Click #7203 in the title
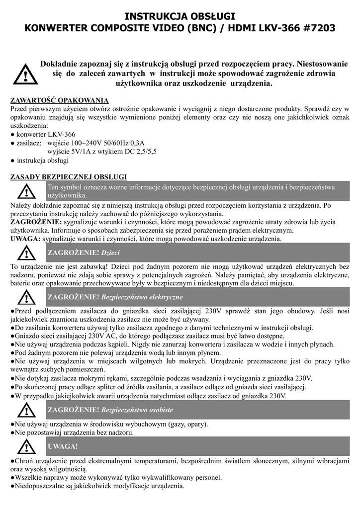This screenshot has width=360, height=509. point(318,29)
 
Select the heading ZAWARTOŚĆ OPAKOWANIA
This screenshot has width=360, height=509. point(60,100)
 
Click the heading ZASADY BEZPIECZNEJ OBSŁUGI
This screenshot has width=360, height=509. point(69,177)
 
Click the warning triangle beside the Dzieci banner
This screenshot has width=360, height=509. point(24,254)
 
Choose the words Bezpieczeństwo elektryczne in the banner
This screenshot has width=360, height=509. point(142,297)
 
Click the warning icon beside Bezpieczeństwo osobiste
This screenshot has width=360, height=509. point(24,410)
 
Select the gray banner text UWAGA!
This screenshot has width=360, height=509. point(62,446)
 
